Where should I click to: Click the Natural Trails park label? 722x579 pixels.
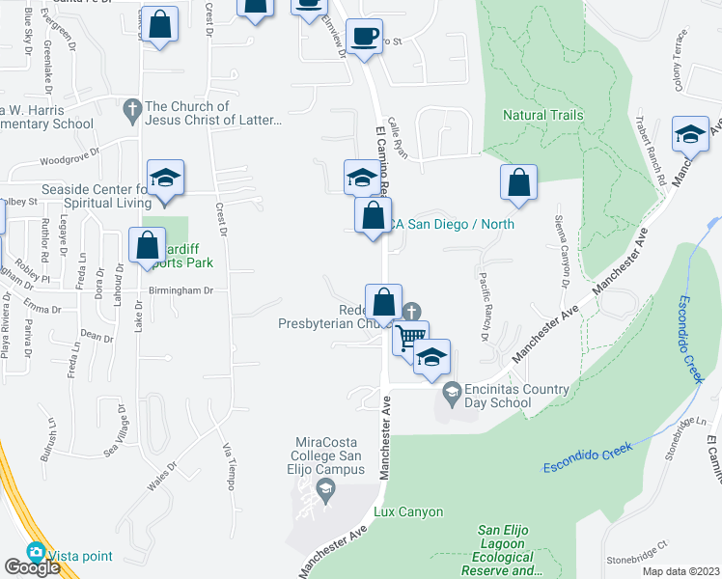pyautogui.click(x=542, y=115)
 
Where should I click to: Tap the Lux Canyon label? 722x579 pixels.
pyautogui.click(x=408, y=511)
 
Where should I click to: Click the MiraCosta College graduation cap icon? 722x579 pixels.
pyautogui.click(x=326, y=493)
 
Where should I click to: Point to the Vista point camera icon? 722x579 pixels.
pyautogui.click(x=37, y=553)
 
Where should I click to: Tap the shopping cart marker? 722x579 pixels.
pyautogui.click(x=410, y=338)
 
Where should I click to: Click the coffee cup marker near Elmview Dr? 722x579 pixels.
pyautogui.click(x=364, y=37)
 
